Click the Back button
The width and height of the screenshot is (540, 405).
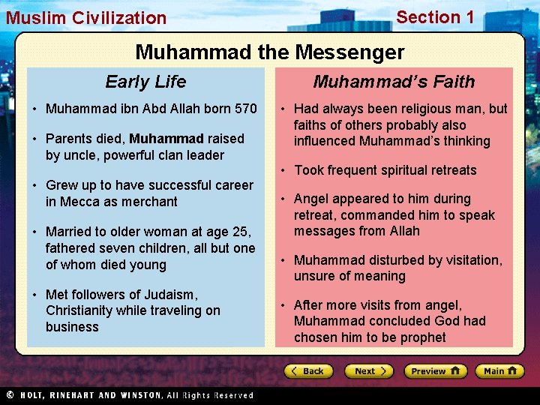tap(308, 371)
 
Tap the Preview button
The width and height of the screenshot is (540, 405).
tap(435, 371)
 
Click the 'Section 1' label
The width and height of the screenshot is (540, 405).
tap(435, 17)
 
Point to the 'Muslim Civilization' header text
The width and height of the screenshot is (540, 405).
tap(86, 18)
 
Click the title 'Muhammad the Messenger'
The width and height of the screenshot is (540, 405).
tap(269, 52)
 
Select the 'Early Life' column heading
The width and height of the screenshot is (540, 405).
tap(145, 82)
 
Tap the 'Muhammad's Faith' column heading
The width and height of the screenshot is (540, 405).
tap(394, 82)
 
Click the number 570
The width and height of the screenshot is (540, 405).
tap(245, 109)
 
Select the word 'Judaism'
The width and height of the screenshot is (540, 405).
tap(172, 294)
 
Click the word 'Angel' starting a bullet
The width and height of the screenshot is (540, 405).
tap(311, 199)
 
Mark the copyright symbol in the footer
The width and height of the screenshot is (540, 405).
tap(10, 395)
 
